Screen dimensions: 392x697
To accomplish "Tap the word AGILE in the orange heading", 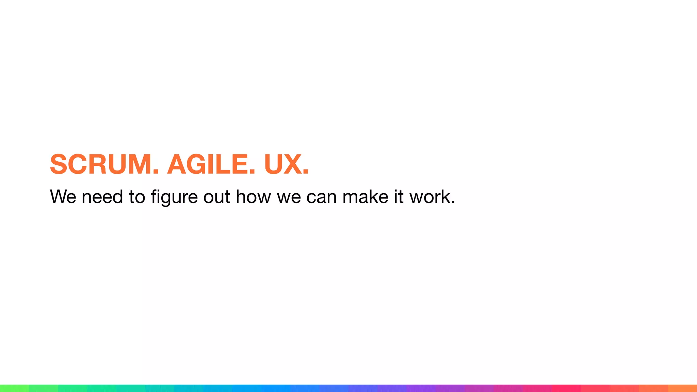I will tap(208, 164).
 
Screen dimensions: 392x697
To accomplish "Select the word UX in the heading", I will tap(282, 164).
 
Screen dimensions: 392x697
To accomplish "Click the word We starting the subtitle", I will tap(63, 197).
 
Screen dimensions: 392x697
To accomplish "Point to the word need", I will tap(102, 197).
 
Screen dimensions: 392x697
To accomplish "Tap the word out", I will tap(217, 197).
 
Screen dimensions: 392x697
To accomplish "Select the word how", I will tap(253, 197).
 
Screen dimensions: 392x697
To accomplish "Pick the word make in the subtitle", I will tap(365, 197).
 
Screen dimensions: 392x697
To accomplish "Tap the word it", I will tap(399, 197).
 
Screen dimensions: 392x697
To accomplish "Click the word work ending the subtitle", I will tap(429, 197).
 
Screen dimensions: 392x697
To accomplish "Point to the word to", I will tap(137, 197).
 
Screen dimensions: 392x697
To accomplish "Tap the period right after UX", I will tap(305, 172).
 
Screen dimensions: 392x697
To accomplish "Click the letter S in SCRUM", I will tap(58, 164).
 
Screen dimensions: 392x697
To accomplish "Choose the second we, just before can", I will tap(289, 197).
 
